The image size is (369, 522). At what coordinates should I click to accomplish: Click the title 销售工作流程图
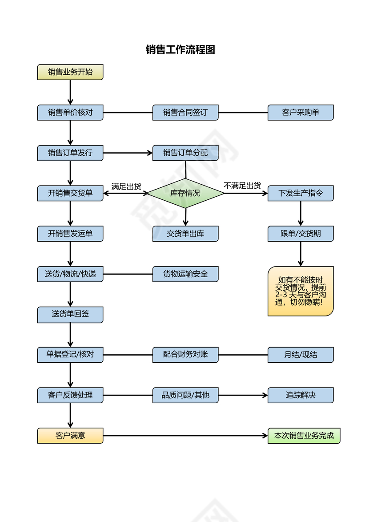coord(180,50)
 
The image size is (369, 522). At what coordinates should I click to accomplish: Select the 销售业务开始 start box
coord(70,72)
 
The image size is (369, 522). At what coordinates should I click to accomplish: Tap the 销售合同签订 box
coord(185,113)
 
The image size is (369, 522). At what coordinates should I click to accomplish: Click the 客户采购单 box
coord(301,113)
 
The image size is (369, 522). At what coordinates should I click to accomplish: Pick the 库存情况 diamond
coord(185,193)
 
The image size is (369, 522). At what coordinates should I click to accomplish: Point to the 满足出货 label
coord(126,186)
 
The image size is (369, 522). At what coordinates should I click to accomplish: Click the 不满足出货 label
coord(242,186)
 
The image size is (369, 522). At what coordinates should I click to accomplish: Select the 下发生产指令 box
coord(301,193)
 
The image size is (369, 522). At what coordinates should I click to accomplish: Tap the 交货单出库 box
coord(185,234)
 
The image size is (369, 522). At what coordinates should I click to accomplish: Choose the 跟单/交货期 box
coord(301,234)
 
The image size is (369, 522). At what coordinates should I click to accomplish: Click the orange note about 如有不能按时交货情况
coord(301,291)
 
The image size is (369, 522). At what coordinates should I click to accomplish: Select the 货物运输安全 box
coord(185,274)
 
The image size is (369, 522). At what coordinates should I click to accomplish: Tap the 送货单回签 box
coord(70,314)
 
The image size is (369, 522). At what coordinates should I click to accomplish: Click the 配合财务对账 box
coord(185,355)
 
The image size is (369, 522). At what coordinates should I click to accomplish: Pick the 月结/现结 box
coord(301,355)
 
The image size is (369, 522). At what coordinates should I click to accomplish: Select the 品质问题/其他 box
coord(185,395)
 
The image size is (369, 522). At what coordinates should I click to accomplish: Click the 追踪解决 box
coord(301,395)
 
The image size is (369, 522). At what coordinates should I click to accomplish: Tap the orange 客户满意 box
coord(70,436)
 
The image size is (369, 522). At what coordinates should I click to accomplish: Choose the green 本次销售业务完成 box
coord(304,436)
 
